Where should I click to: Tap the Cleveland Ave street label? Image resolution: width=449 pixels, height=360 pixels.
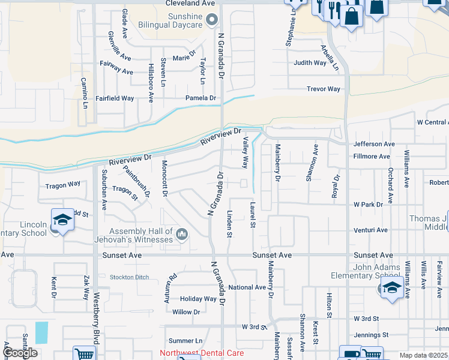[x=190, y=4]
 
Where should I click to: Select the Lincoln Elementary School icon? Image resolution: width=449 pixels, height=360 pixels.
[x=62, y=221]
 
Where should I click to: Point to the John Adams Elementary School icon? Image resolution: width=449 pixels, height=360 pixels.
[x=391, y=287]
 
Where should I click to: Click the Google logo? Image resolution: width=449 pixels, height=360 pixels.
[x=20, y=353]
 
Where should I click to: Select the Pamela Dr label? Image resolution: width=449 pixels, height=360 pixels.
[x=200, y=98]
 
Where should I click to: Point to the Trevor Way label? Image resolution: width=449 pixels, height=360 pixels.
[x=324, y=89]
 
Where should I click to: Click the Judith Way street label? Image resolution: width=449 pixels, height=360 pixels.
[x=310, y=62]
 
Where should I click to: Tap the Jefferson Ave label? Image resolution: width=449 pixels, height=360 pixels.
[x=374, y=144]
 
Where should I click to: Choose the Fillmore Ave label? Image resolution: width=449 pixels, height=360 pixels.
[x=372, y=157]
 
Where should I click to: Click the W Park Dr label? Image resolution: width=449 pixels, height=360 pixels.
[x=369, y=205]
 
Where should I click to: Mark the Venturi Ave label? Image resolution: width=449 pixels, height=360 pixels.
[x=370, y=230]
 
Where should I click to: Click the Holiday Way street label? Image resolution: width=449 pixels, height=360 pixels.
[x=198, y=299]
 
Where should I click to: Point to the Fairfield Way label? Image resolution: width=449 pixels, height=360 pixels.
[x=115, y=98]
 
